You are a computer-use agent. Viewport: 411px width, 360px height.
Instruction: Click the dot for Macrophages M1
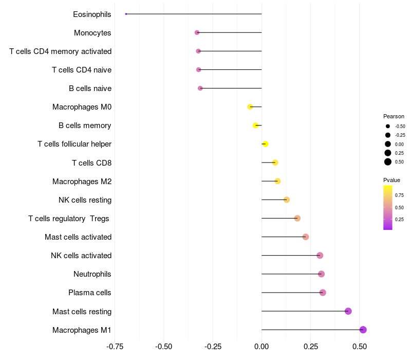[x=363, y=330]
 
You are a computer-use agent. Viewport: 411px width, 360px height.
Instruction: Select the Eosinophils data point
[x=126, y=14]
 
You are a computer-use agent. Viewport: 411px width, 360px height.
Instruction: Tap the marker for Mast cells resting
[x=348, y=311]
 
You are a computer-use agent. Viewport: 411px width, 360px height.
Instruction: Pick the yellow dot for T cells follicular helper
[x=265, y=144]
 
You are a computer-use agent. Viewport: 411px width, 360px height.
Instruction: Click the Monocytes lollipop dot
[x=197, y=32]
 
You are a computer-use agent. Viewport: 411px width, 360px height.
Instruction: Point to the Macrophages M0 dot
[x=250, y=107]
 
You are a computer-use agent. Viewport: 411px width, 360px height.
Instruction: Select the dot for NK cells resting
[x=287, y=200]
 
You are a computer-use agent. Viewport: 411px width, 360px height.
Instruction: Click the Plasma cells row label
[x=89, y=293]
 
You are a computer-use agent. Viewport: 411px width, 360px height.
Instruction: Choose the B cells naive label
[x=90, y=88]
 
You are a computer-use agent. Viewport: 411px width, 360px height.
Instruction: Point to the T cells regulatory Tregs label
[x=69, y=219]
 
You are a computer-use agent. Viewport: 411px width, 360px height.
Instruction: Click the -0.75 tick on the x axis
[x=115, y=347]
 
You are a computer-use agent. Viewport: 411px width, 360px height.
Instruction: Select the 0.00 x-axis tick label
[x=261, y=347]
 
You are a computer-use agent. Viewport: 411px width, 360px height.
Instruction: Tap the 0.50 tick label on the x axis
[x=360, y=347]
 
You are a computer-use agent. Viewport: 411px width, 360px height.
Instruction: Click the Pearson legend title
[x=394, y=116]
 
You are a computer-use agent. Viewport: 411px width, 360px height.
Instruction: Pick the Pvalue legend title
[x=391, y=180]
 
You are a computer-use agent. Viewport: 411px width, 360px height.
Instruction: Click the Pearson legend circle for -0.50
[x=388, y=126]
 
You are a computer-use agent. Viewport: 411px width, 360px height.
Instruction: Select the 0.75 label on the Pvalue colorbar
[x=399, y=195]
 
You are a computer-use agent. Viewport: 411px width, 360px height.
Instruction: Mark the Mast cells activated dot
[x=306, y=237]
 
